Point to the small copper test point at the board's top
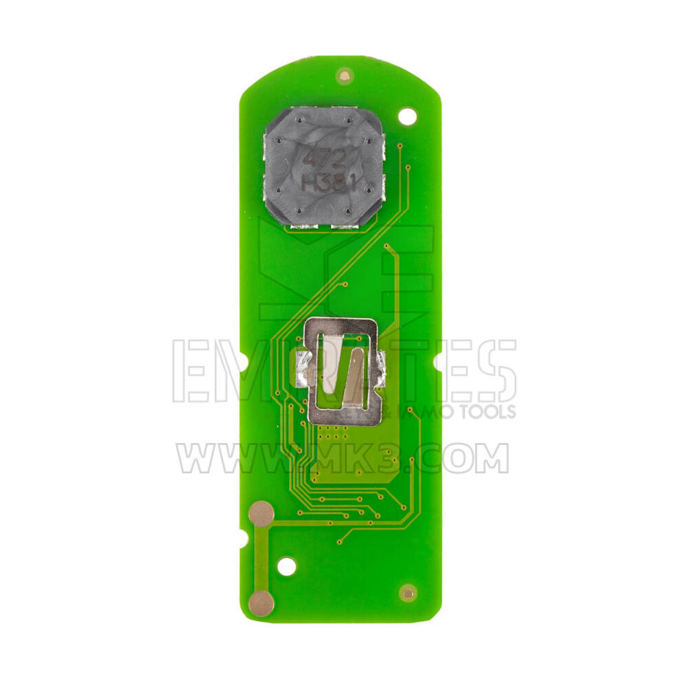click(x=344, y=74)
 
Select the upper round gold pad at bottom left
click(x=261, y=513)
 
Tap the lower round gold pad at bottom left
click(x=262, y=602)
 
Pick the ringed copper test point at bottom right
click(x=409, y=592)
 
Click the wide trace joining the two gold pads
click(x=262, y=557)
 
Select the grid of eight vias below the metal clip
click(x=333, y=432)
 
